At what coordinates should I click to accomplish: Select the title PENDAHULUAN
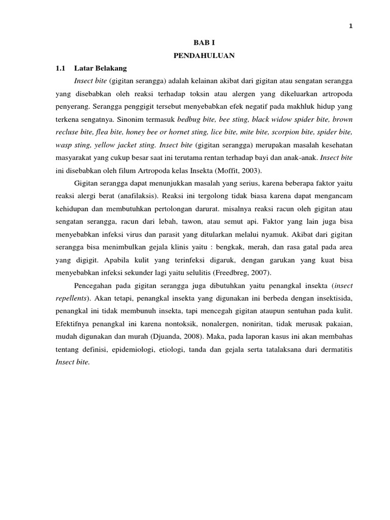[x=205, y=56]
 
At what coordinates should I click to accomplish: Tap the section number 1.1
[x=61, y=68]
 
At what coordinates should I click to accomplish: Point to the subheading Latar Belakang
[x=101, y=68]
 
